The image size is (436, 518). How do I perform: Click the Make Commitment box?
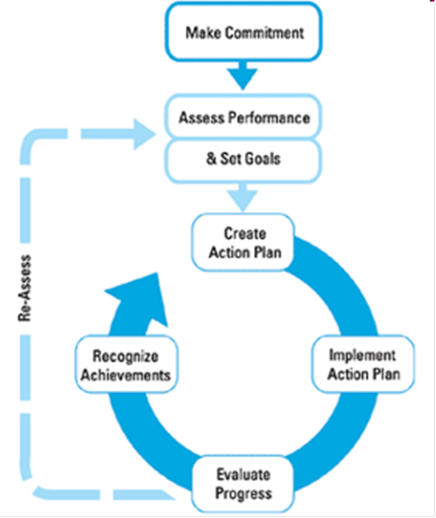[x=243, y=32]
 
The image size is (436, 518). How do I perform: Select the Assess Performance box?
[x=243, y=117]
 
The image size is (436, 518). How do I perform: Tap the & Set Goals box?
[x=243, y=160]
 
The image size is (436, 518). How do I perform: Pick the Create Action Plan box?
[x=243, y=243]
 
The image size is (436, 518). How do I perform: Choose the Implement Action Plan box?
[x=363, y=364]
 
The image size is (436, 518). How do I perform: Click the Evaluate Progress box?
[x=243, y=484]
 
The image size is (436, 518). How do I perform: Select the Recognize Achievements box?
[x=127, y=364]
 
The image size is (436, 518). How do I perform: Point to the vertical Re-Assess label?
[x=25, y=288]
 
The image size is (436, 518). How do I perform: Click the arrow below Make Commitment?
[x=243, y=76]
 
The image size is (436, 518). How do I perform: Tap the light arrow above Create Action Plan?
[x=243, y=198]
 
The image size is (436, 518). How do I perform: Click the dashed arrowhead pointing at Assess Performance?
[x=145, y=134]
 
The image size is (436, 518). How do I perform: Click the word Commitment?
[x=265, y=33]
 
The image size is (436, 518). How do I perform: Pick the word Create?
[x=245, y=234]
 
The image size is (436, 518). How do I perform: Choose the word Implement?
[x=362, y=356]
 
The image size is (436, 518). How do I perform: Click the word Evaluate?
[x=243, y=474]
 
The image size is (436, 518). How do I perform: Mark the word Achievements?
[x=126, y=375]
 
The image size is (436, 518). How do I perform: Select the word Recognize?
[x=126, y=357]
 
